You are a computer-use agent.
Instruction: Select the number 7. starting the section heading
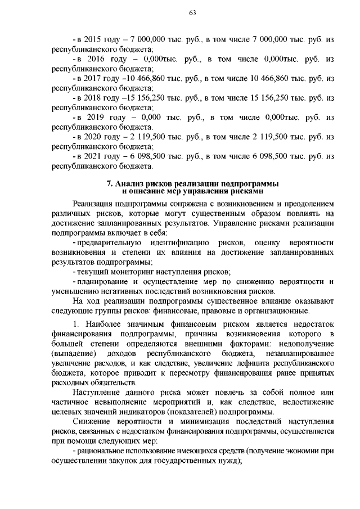point(110,184)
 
